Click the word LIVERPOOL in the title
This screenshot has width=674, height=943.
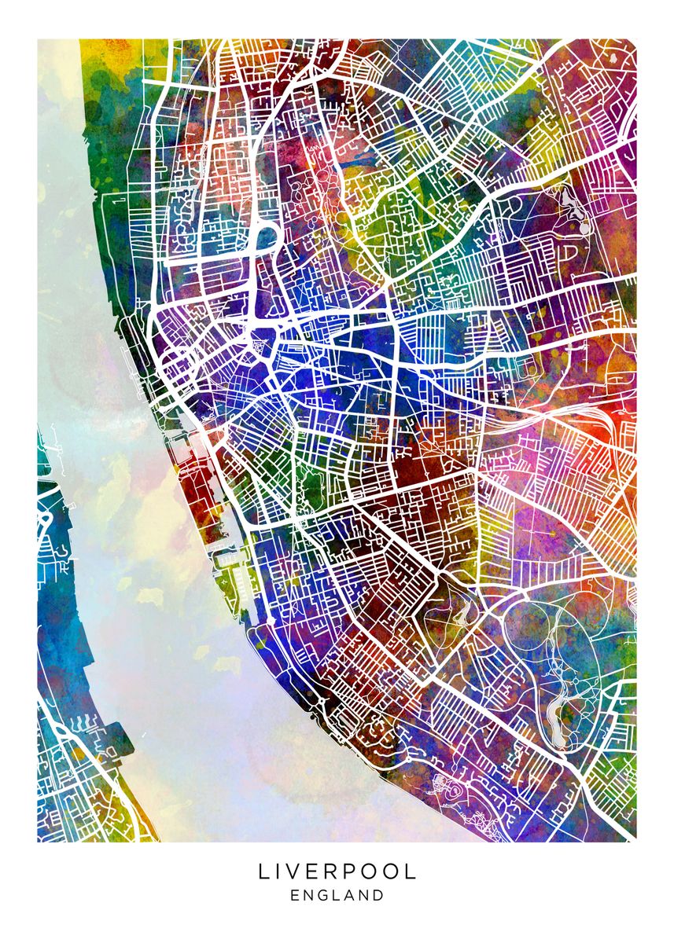(337, 871)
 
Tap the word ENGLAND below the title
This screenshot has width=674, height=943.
(337, 895)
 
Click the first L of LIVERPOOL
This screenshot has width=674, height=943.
(263, 871)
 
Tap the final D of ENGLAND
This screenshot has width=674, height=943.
(380, 895)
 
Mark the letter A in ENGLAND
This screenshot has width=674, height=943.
(353, 895)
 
